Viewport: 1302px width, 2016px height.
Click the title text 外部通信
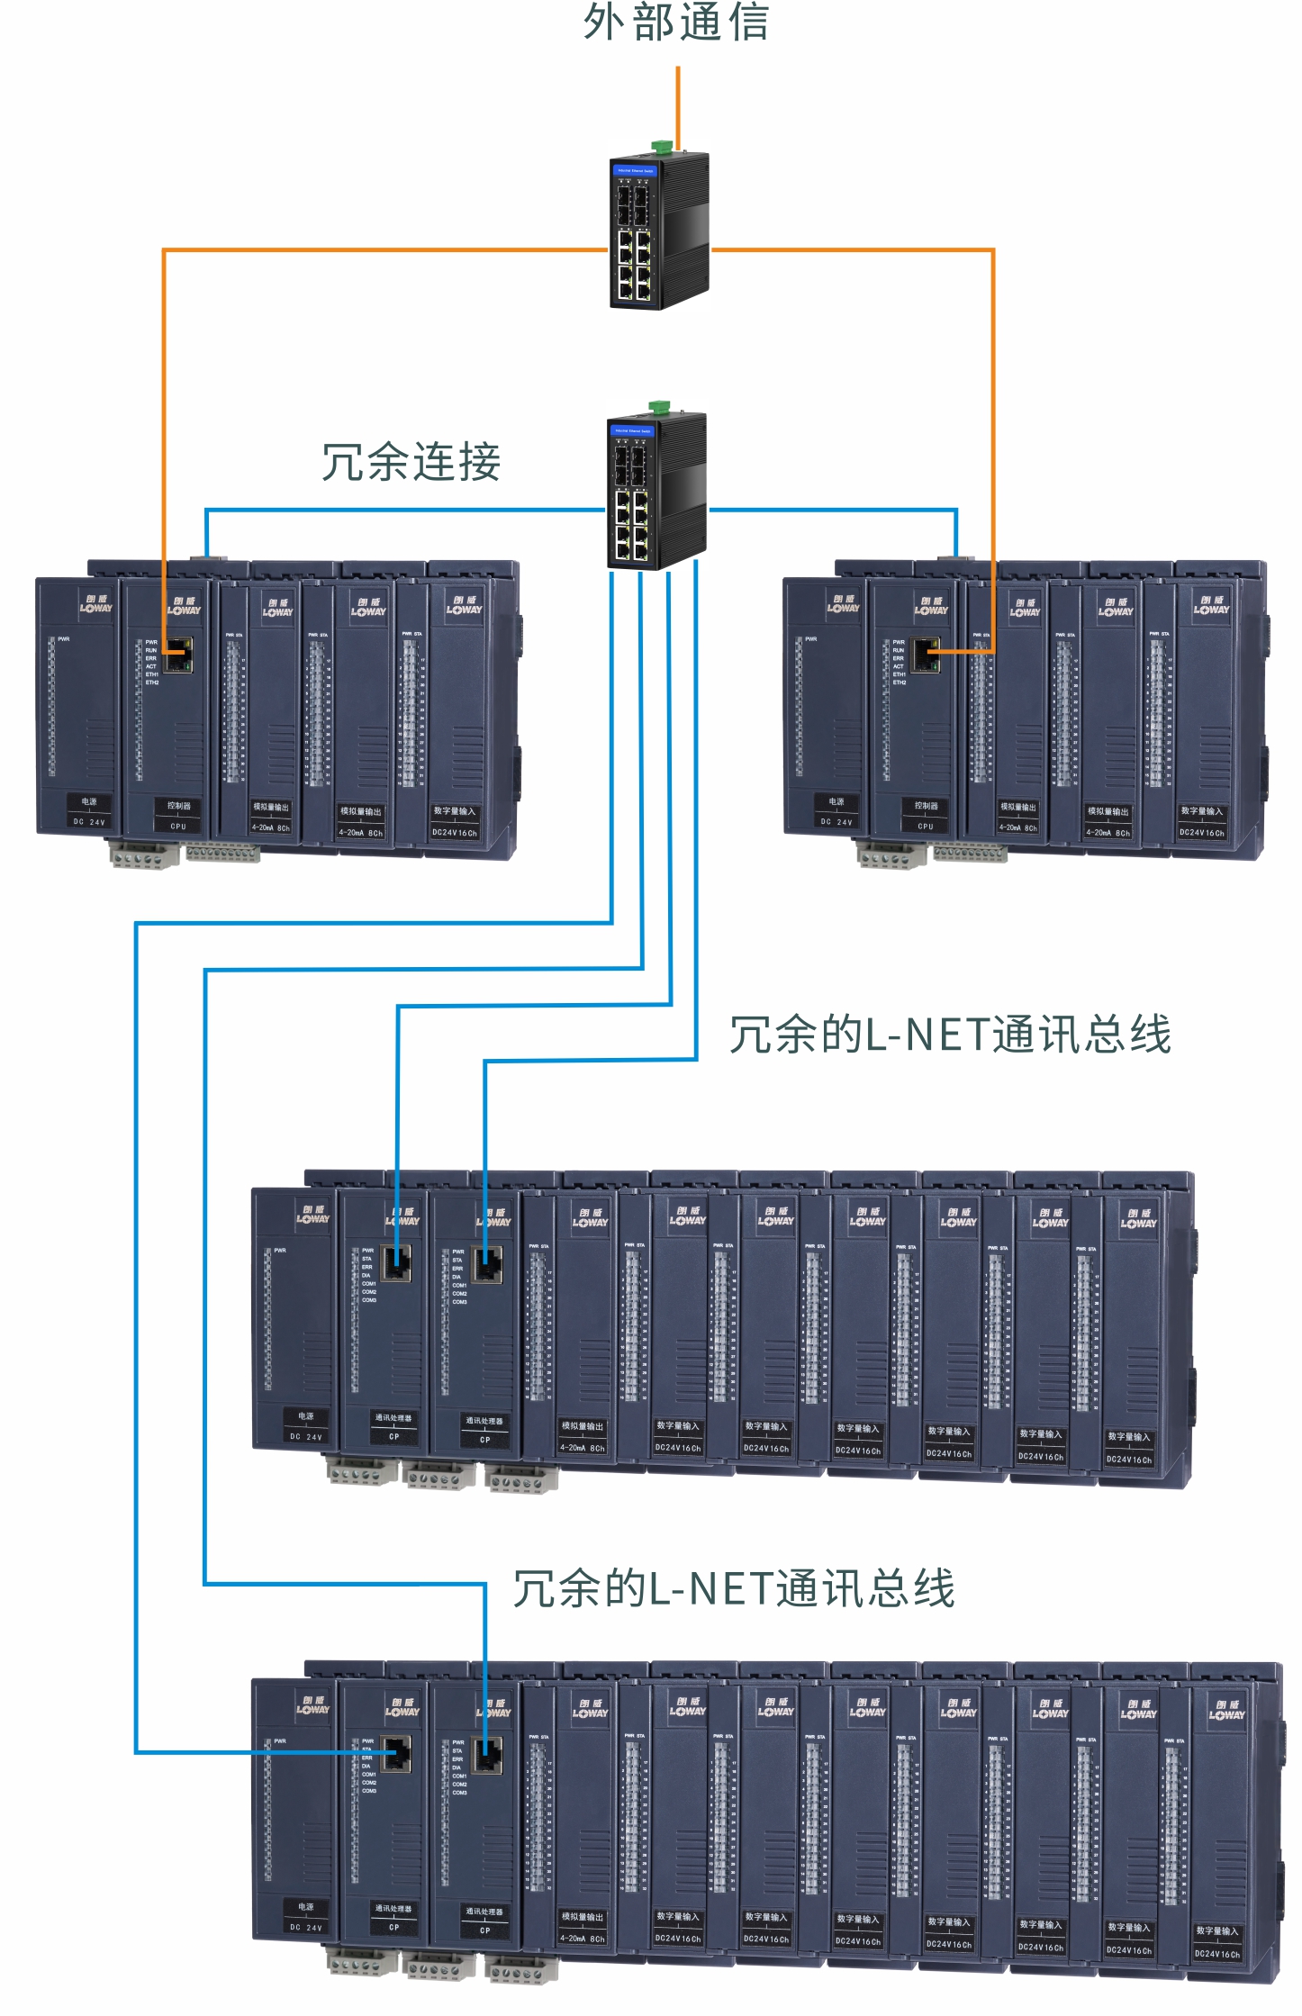coord(676,23)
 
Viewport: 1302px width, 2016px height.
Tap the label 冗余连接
coord(411,463)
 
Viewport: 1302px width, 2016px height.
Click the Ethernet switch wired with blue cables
coord(656,492)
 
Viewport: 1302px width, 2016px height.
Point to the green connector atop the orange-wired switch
coord(662,145)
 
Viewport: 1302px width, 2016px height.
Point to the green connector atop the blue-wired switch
coord(659,405)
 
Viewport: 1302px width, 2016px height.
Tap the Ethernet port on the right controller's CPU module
coord(926,655)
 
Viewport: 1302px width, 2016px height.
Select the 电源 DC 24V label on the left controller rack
coord(89,811)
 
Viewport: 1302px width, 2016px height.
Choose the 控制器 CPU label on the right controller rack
coord(926,815)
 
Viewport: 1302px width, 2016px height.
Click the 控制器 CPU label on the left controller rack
coord(178,815)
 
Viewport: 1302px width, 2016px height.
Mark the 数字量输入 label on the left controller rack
coord(455,821)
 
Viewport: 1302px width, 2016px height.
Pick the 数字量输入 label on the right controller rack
coord(1202,821)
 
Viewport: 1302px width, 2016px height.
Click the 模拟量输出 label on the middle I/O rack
coord(583,1436)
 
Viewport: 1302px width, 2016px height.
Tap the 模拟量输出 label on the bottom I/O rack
coord(583,1927)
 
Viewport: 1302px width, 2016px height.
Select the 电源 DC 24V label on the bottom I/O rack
coord(306,1917)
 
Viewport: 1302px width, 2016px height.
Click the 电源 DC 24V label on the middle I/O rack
coord(306,1426)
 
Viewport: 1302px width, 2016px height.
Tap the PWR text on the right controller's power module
coord(811,639)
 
